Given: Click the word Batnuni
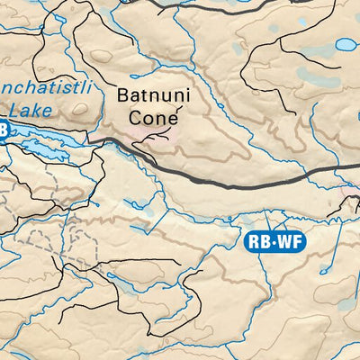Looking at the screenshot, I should point(150,94).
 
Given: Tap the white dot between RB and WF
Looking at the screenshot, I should point(273,241).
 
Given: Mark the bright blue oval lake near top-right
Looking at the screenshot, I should point(346,43).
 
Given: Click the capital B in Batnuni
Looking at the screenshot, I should point(123,94).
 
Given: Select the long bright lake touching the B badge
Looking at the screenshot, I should point(45,144).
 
